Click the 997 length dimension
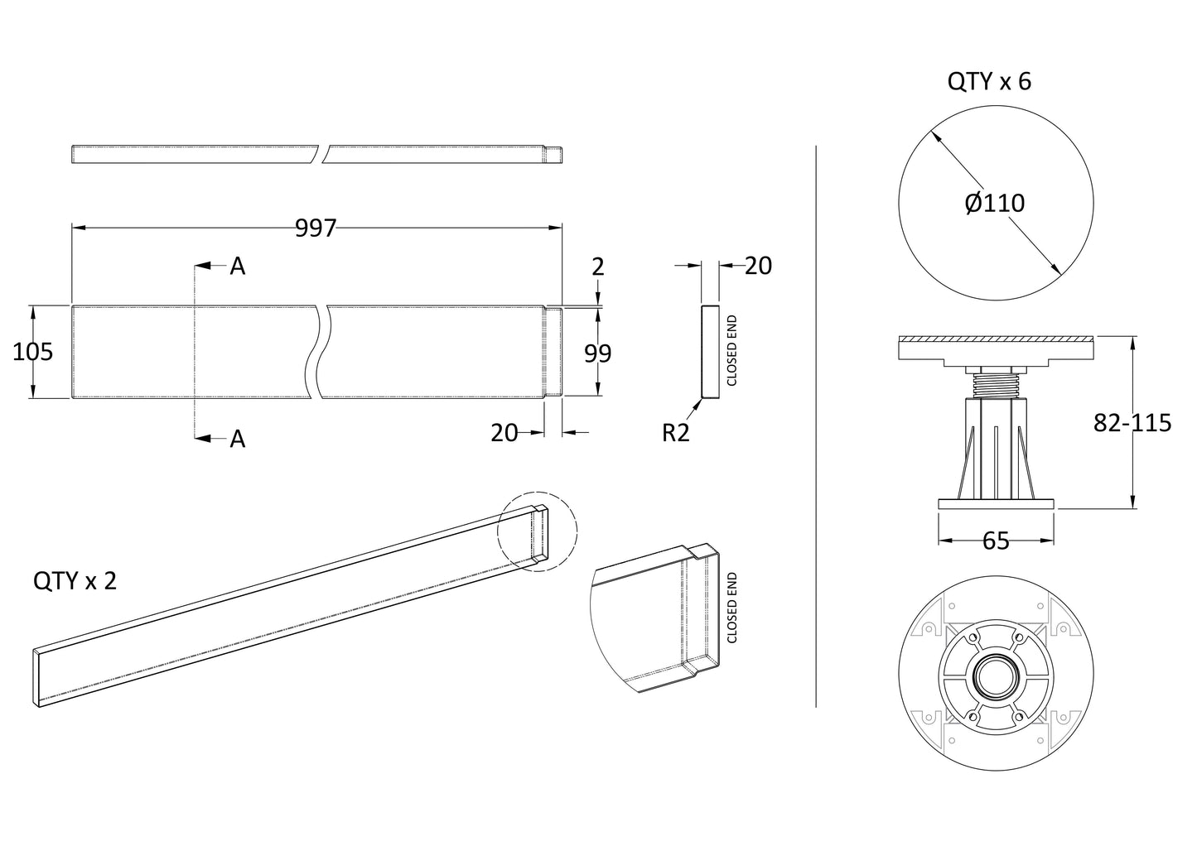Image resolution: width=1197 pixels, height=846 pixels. click(x=316, y=228)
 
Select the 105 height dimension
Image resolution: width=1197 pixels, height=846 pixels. click(x=33, y=352)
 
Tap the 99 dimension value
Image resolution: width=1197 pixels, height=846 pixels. click(x=597, y=353)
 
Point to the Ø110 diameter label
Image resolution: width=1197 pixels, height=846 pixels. click(x=995, y=202)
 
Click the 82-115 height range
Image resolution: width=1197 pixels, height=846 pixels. click(x=1132, y=423)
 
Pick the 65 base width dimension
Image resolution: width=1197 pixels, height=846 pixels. click(x=995, y=541)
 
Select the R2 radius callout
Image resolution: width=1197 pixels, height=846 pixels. click(x=675, y=432)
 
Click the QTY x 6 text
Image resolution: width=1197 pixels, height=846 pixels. click(x=989, y=81)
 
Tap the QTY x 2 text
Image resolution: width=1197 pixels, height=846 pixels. click(x=75, y=580)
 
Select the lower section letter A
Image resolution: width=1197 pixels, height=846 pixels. click(x=238, y=439)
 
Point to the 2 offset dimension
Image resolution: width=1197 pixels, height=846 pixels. click(x=598, y=267)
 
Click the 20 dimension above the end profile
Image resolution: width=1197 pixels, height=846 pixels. click(x=758, y=266)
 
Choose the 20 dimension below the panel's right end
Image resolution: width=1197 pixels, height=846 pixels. click(x=504, y=432)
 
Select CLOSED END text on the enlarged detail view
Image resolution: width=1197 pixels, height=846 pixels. click(x=731, y=608)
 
